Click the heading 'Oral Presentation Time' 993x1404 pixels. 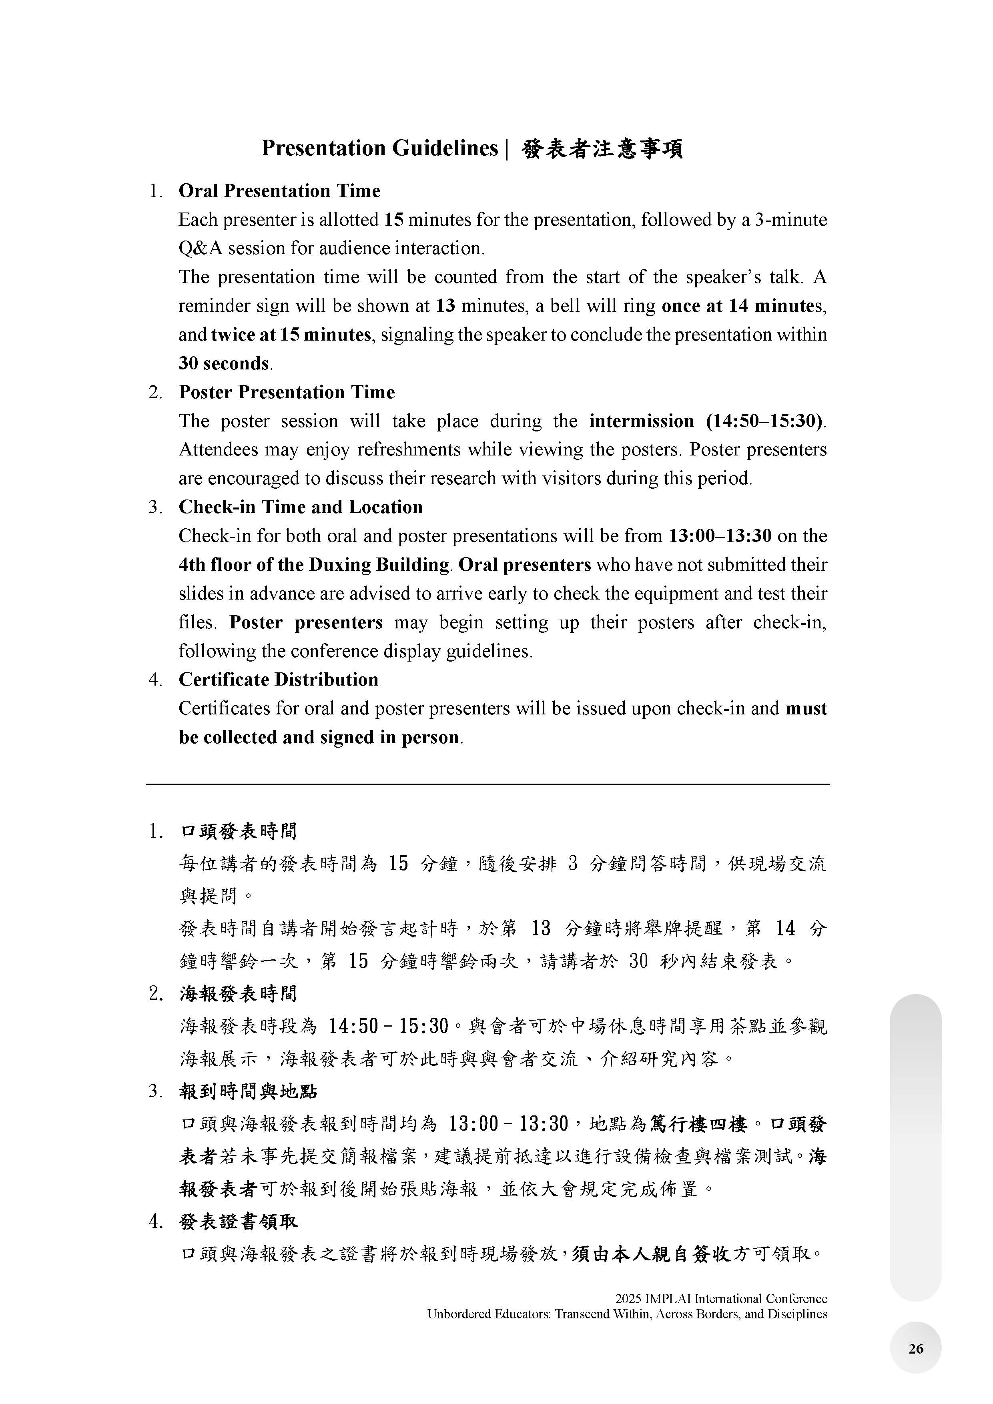(x=279, y=191)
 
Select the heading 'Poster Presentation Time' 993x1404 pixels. (x=286, y=392)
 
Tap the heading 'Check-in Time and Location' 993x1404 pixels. (x=300, y=507)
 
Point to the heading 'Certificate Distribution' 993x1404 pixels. (x=278, y=679)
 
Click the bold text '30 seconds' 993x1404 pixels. (x=224, y=363)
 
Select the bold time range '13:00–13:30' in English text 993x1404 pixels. (x=720, y=536)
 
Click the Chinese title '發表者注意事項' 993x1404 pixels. (x=602, y=148)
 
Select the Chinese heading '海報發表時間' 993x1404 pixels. (x=239, y=994)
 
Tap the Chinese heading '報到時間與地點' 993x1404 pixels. (x=248, y=1091)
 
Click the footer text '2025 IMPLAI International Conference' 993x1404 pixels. (x=721, y=1298)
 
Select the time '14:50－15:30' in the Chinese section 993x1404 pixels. (x=389, y=1026)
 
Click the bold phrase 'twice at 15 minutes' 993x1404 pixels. (x=291, y=335)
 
